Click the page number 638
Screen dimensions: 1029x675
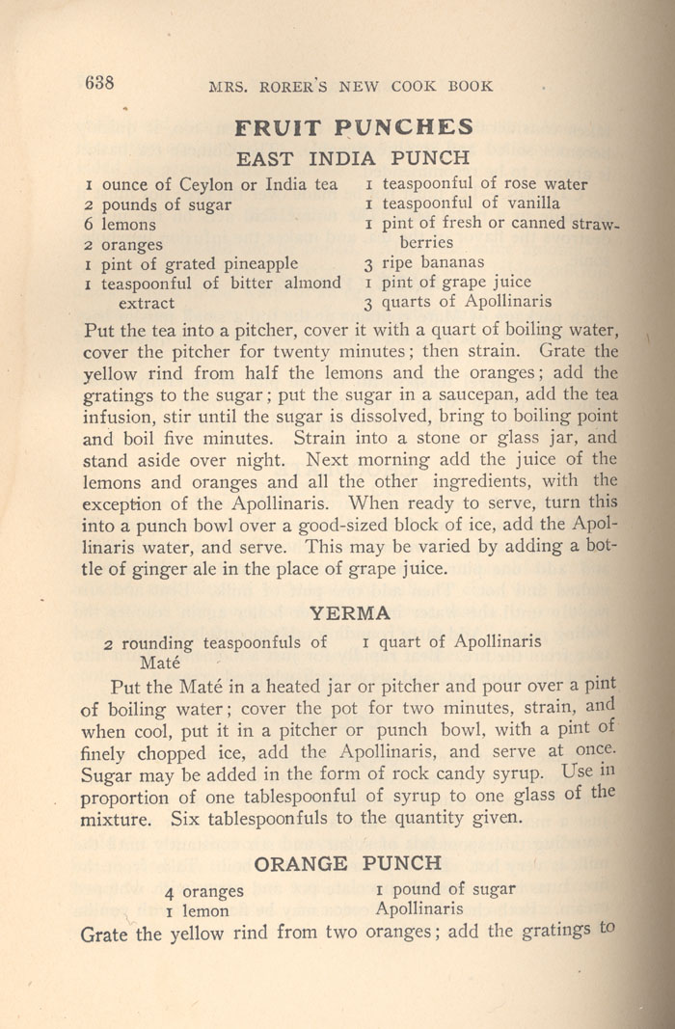pyautogui.click(x=99, y=83)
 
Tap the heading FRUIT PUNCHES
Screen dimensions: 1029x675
pyautogui.click(x=354, y=127)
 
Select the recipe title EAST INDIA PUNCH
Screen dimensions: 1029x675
pyautogui.click(x=353, y=157)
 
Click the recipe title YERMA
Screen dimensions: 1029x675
pyautogui.click(x=350, y=612)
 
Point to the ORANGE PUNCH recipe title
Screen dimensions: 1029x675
pyautogui.click(x=347, y=862)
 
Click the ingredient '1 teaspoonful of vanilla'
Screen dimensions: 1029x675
pyautogui.click(x=462, y=203)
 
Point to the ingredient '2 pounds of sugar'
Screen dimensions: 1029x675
pyautogui.click(x=158, y=204)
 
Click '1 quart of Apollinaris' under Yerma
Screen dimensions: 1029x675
pyautogui.click(x=451, y=641)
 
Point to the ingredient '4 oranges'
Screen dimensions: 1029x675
pyautogui.click(x=203, y=891)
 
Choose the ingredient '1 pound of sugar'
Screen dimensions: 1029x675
pyautogui.click(x=445, y=889)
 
